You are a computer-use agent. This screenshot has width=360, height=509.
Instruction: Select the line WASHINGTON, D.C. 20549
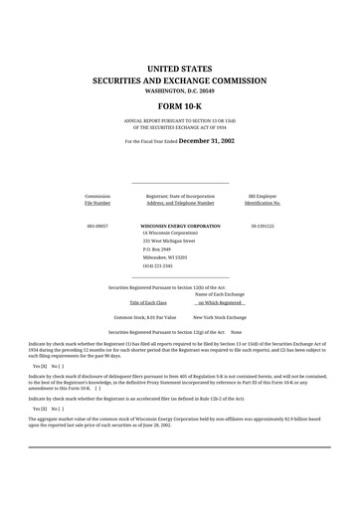pos(179,89)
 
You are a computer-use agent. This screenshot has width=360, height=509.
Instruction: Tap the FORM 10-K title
pos(179,105)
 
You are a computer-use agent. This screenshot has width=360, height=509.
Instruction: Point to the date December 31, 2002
pos(207,141)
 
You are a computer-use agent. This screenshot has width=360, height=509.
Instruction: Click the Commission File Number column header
pos(97,200)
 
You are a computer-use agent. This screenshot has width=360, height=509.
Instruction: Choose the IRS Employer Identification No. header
pos(263,200)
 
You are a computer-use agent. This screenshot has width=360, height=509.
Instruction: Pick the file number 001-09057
pos(96,227)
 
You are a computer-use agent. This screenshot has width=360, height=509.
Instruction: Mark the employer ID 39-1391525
pos(263,227)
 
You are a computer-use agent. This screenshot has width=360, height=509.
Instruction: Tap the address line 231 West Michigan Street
pos(169,241)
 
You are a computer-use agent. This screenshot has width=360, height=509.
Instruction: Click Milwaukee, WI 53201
pos(164,257)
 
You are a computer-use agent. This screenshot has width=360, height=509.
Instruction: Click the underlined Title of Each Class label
pos(148,301)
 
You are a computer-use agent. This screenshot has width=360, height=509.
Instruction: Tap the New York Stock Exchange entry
pos(220,316)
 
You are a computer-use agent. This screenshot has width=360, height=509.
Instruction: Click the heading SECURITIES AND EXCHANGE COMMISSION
pos(179,79)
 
